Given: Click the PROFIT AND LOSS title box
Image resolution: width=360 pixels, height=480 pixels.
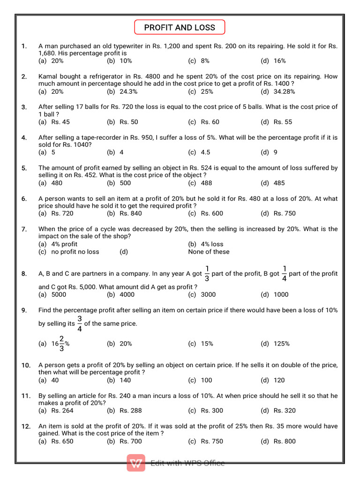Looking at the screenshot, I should [180, 27].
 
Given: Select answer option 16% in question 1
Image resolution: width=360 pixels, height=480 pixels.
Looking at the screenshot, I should [279, 61].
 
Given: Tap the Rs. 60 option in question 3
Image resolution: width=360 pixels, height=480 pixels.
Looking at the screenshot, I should [210, 122].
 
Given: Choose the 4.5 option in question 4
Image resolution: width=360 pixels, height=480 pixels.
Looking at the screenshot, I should [205, 152].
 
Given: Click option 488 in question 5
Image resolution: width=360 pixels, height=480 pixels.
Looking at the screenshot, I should [206, 183].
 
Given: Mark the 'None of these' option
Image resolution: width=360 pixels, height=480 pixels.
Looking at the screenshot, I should [209, 252].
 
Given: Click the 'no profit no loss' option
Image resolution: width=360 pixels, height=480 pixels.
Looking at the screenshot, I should [75, 252].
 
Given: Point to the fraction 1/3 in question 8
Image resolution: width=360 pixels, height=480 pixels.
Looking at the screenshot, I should [207, 273].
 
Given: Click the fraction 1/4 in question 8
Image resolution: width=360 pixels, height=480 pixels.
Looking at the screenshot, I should [284, 273].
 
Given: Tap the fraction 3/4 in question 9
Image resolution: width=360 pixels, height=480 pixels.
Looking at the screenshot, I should [79, 323].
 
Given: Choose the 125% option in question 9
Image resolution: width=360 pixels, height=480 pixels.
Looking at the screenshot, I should [281, 344].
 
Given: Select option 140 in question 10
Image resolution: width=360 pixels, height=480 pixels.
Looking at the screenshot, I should [125, 380].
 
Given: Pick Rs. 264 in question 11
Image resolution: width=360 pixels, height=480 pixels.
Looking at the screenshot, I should [62, 411].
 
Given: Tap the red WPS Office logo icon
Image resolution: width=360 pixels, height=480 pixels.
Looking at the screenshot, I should [136, 463].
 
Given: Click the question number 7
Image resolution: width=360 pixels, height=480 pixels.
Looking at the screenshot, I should [24, 229].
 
